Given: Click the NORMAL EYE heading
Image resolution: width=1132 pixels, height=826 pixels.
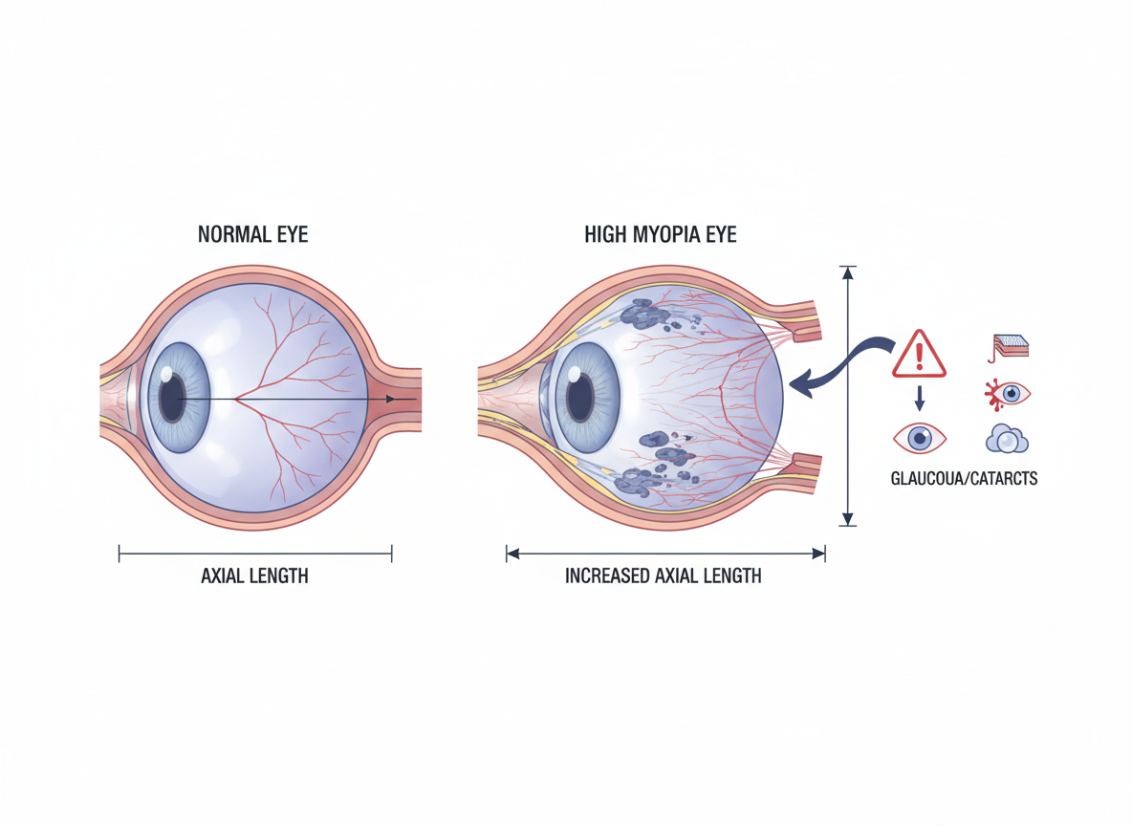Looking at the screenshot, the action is pos(252,234).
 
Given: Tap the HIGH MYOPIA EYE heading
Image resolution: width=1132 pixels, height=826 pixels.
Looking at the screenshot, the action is pos(661,234).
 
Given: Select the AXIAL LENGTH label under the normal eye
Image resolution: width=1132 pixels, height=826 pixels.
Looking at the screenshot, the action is pos(254,576).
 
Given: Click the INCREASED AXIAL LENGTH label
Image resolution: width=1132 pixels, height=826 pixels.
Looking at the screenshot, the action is pos(663,576).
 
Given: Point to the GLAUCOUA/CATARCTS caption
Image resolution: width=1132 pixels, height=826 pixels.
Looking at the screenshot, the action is pos(963,478).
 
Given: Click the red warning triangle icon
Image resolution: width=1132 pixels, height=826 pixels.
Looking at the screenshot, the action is pos(919,356).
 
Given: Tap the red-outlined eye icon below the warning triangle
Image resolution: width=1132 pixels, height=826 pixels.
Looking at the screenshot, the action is pos(919,439).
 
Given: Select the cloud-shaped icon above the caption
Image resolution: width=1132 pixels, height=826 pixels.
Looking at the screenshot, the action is pos(1006,439).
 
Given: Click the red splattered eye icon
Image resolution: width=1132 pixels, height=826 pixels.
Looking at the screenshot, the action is pos(1008,393).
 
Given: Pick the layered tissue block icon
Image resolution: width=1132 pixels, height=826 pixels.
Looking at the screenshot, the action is pos(1009,347).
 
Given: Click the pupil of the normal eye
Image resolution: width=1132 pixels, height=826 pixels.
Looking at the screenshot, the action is pos(173,399).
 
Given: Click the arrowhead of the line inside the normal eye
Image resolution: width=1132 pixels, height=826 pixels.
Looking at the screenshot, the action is pos(390,399).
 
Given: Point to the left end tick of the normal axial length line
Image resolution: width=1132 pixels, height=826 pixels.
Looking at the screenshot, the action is pos(120,554).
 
